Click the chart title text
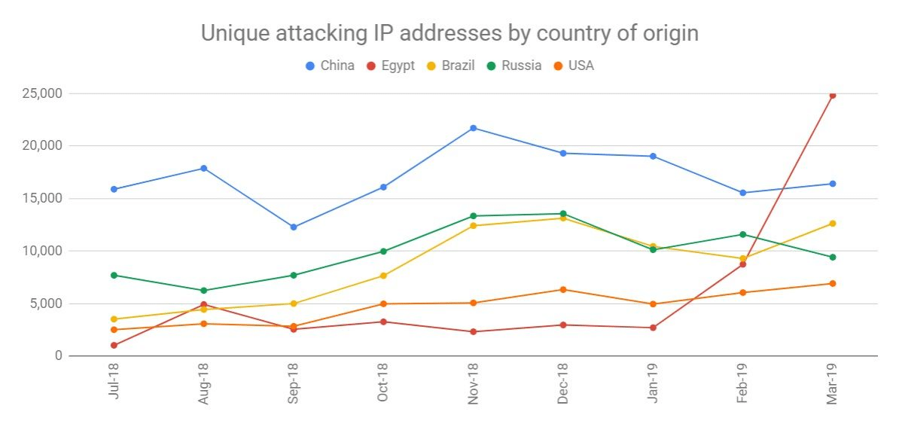pyautogui.click(x=449, y=34)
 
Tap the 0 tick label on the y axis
pyautogui.click(x=57, y=355)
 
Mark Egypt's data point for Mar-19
pyautogui.click(x=832, y=96)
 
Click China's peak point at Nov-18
pyautogui.click(x=474, y=128)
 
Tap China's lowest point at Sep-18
pyautogui.click(x=294, y=227)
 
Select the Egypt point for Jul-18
pyautogui.click(x=114, y=345)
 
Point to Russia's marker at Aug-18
pyautogui.click(x=204, y=290)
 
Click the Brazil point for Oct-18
pyautogui.click(x=383, y=276)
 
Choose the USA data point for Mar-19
pyautogui.click(x=832, y=283)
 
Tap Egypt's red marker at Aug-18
pyautogui.click(x=204, y=304)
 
